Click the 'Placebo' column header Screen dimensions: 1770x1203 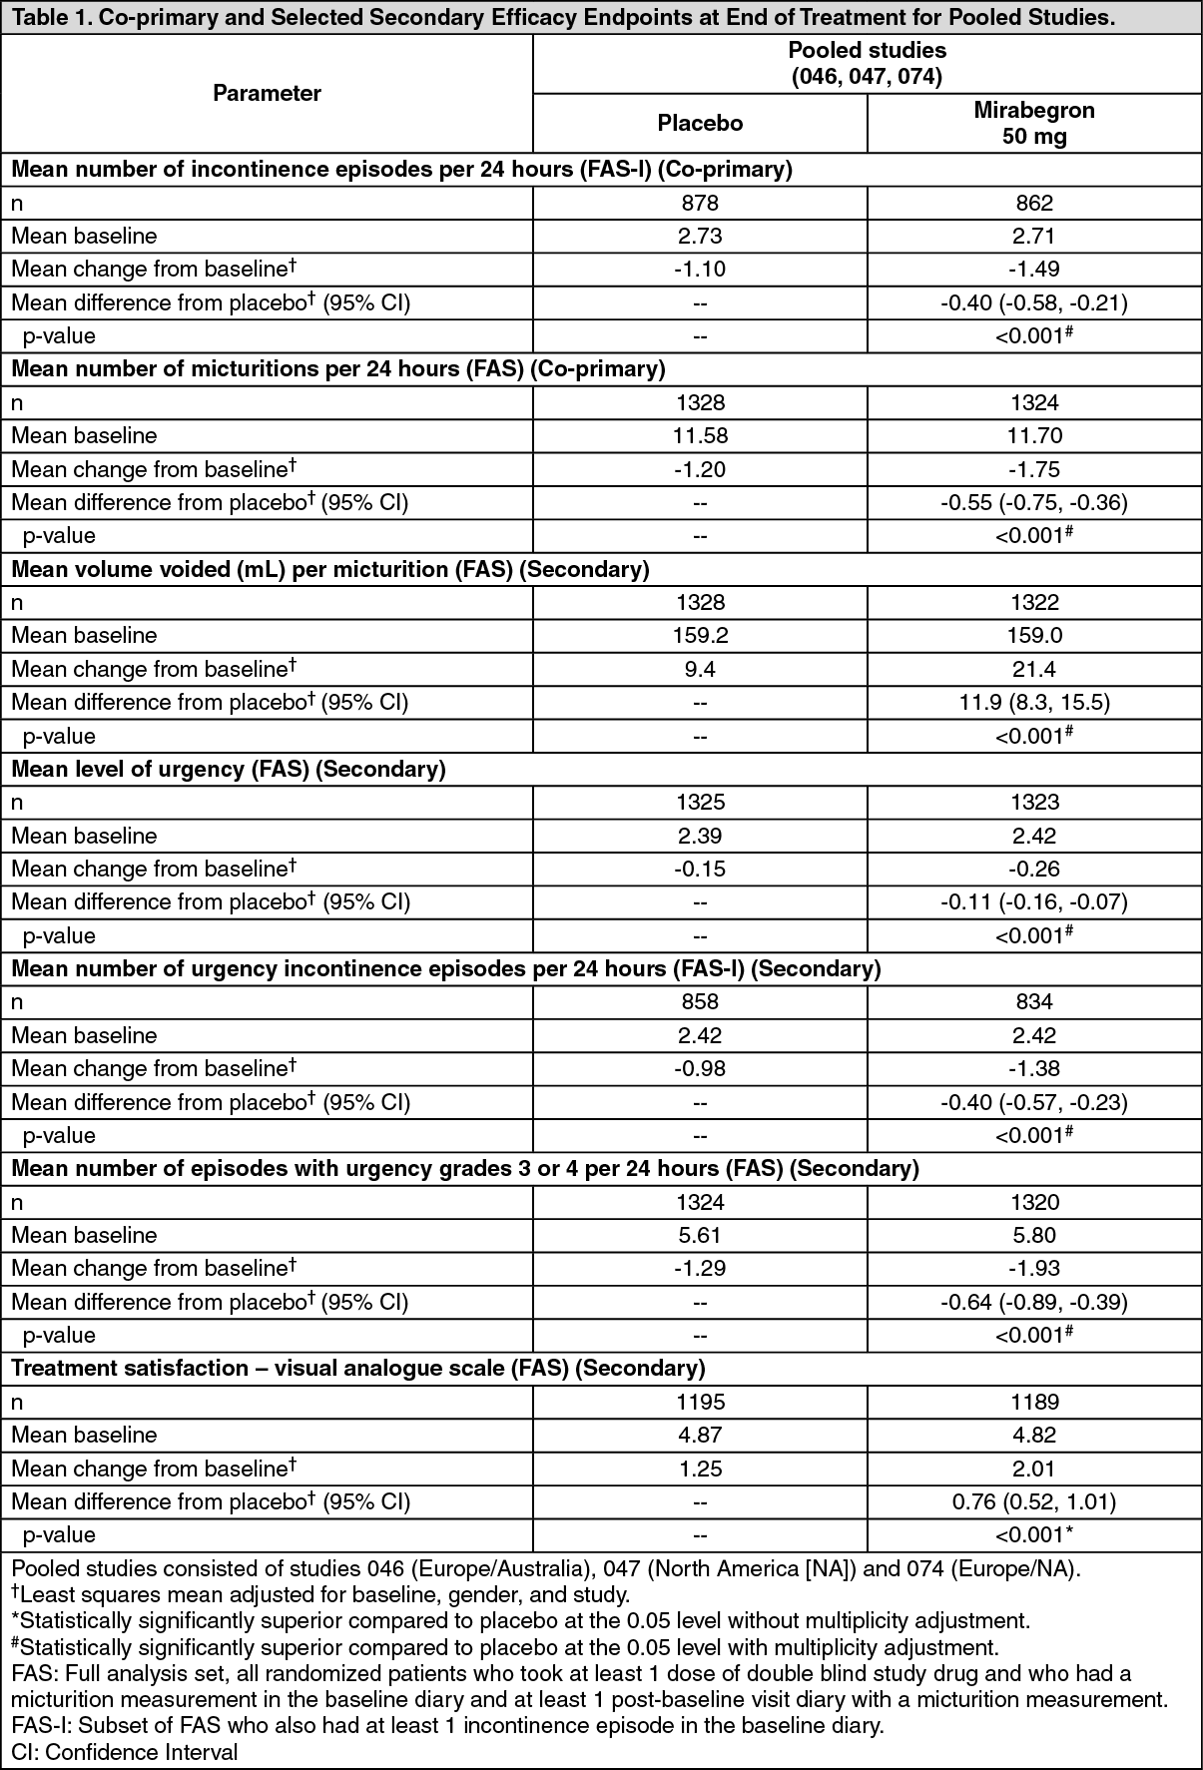click(x=700, y=123)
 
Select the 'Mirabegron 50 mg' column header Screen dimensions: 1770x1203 click(x=1034, y=124)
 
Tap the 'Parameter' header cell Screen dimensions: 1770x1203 click(x=267, y=93)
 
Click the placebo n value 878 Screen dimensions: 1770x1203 click(x=700, y=203)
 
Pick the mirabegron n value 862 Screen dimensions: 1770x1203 click(x=1034, y=203)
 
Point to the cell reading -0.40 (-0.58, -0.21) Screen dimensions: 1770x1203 click(x=1034, y=302)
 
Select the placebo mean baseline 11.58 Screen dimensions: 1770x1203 click(x=700, y=435)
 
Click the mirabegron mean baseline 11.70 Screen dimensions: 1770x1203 click(x=1034, y=435)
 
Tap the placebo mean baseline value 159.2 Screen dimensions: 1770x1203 click(x=700, y=635)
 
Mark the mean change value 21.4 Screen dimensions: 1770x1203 click(x=1034, y=669)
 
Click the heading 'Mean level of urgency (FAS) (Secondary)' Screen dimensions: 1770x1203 click(x=229, y=769)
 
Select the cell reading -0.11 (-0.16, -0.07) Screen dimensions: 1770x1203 click(x=1034, y=901)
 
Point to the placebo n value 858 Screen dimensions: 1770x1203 click(x=700, y=1001)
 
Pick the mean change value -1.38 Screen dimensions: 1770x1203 click(x=1034, y=1068)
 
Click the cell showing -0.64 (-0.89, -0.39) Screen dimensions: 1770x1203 click(x=1034, y=1302)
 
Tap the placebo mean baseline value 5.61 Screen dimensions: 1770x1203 click(x=700, y=1235)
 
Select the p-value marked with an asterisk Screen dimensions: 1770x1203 click(x=1034, y=1534)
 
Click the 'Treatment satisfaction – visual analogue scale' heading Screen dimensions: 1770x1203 click(x=358, y=1368)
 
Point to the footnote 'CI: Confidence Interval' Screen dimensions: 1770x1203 click(x=125, y=1752)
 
